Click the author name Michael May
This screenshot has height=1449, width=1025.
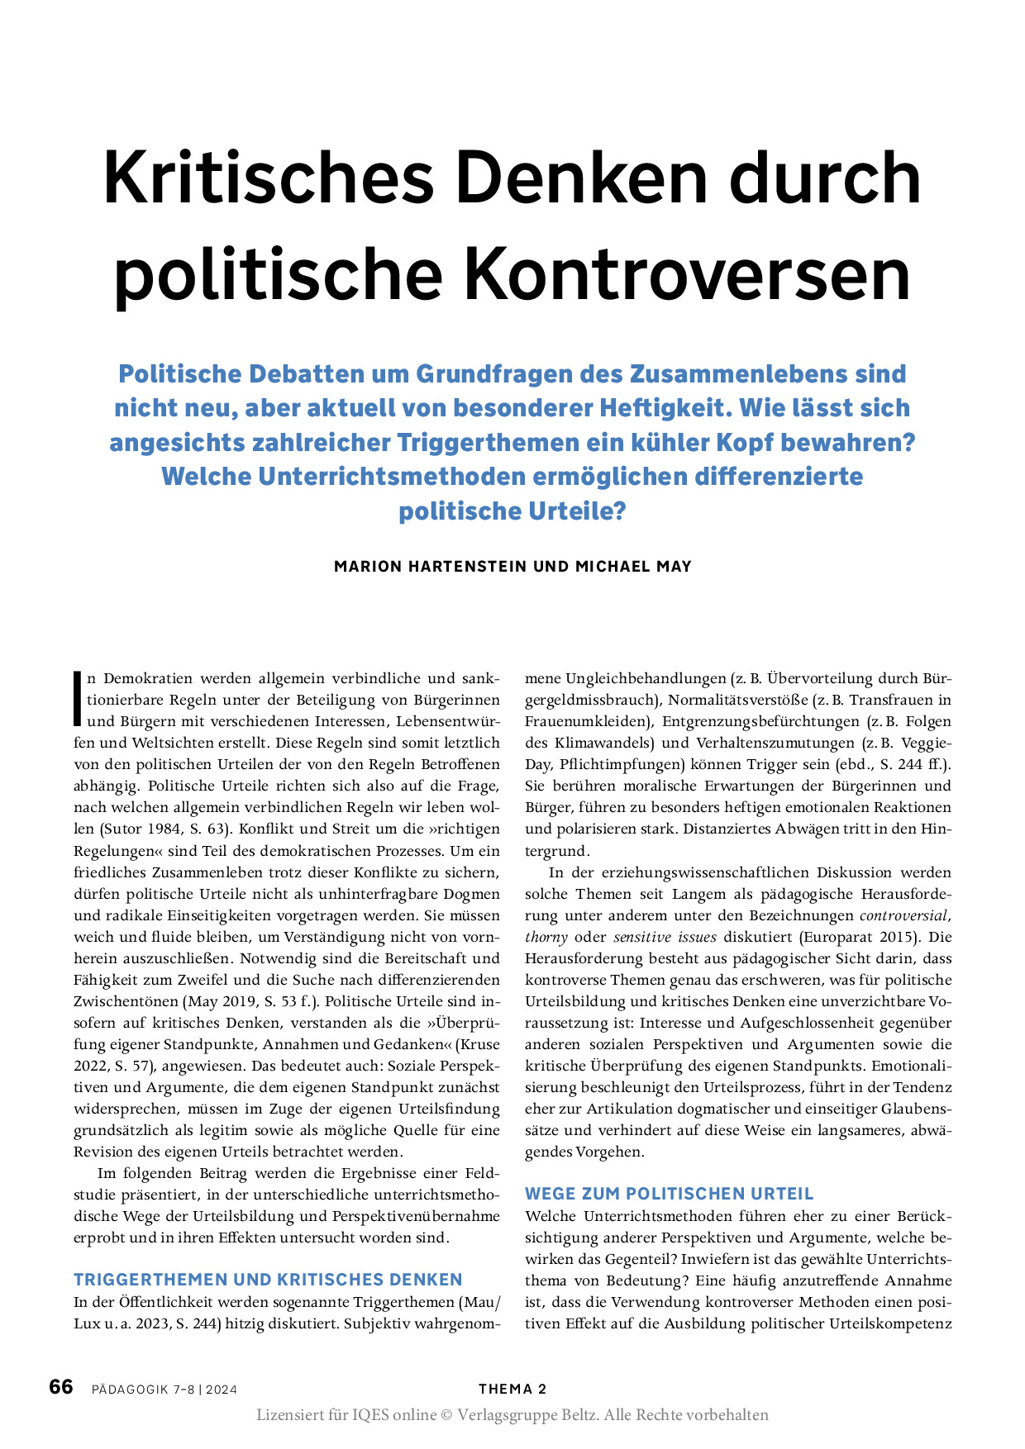633,567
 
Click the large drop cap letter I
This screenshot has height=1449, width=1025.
78,699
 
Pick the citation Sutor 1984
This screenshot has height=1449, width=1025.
152,829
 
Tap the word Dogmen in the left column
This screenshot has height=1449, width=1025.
471,893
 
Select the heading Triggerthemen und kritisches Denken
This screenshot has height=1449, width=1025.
268,1280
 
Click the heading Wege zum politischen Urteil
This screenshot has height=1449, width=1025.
670,1194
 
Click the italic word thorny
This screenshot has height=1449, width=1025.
546,937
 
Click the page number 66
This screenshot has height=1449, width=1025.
61,1387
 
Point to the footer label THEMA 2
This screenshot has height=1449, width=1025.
512,1389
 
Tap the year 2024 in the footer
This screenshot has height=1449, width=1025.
222,1390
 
